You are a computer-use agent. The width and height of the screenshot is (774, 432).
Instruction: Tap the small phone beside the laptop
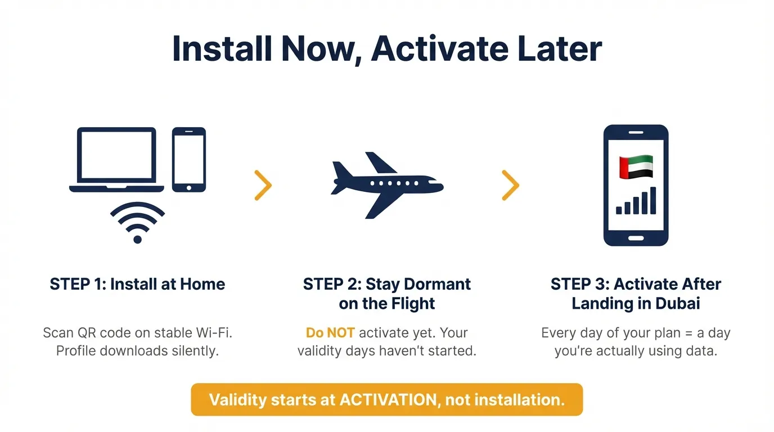coord(189,159)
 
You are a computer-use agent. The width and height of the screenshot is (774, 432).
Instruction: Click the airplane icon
coord(387,184)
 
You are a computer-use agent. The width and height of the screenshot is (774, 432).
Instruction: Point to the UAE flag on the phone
coord(636,167)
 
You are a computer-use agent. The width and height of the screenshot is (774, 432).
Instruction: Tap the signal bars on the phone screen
coord(636,202)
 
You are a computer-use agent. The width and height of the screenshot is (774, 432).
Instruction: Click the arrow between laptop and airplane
coord(263,185)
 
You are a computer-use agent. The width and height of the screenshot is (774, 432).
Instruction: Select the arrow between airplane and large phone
coord(510,185)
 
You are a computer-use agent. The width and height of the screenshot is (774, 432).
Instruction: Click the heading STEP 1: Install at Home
coord(137,284)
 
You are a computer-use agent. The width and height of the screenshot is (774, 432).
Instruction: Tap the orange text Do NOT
coord(330,333)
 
